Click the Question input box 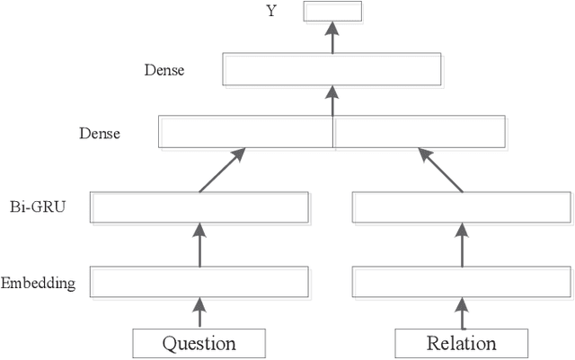[x=199, y=343]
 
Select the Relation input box [x=461, y=343]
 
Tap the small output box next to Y [x=332, y=12]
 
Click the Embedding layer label [x=38, y=284]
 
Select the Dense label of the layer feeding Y [x=164, y=69]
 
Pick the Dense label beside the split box [x=100, y=134]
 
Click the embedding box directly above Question [x=199, y=283]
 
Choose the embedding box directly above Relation [x=461, y=283]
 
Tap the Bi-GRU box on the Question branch [x=199, y=207]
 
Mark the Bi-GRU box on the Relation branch [x=461, y=207]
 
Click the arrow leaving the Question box [x=199, y=313]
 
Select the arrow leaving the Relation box [x=462, y=313]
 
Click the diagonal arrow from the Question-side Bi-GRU [x=221, y=171]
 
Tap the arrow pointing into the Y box [x=332, y=37]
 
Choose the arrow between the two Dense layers [x=332, y=101]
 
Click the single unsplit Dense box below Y [x=332, y=70]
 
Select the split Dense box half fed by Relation [x=419, y=132]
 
